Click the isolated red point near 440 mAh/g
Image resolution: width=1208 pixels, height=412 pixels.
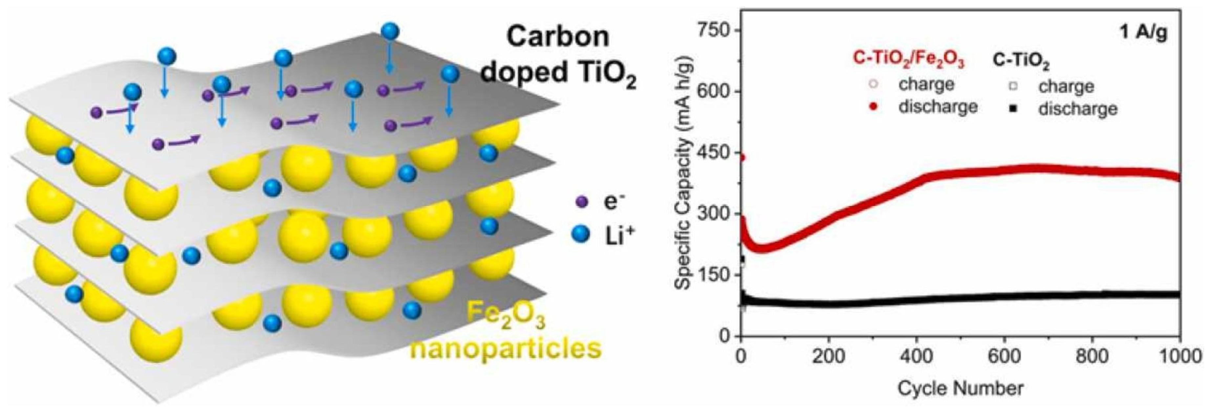tap(742, 158)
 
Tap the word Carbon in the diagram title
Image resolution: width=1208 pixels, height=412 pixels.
tap(558, 36)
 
